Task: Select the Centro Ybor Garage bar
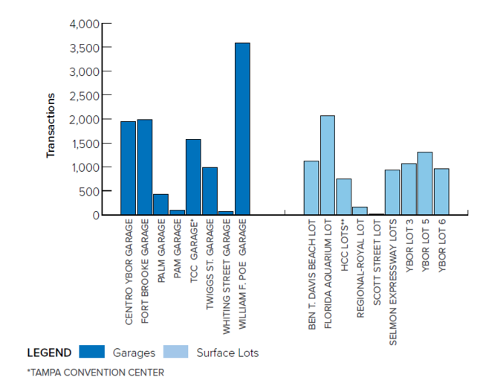pos(128,168)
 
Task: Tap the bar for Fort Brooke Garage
pos(144,167)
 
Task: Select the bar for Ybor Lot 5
pos(425,183)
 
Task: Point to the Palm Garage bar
pos(161,205)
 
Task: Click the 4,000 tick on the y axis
pos(84,24)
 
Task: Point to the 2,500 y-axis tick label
pos(84,95)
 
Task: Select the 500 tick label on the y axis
pos(88,191)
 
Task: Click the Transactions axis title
pos(51,125)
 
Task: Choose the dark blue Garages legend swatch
pos(91,352)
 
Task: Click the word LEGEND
pos(49,353)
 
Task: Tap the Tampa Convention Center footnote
pos(95,372)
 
